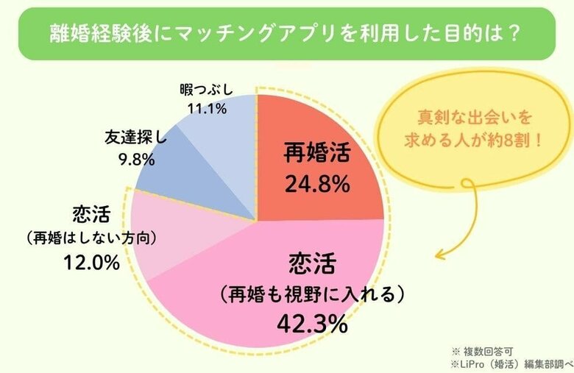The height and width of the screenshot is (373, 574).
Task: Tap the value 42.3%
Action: coord(311,324)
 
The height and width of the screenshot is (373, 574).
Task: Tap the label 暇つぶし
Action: coord(206,90)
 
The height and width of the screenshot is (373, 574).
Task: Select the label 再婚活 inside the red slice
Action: coord(317,154)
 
